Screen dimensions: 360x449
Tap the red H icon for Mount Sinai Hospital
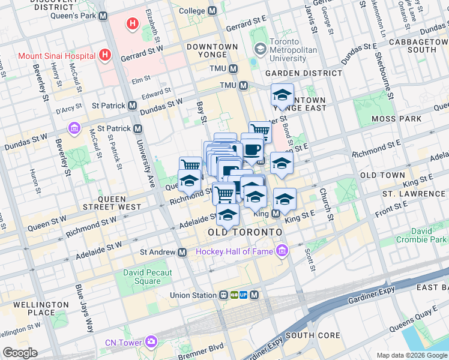[x=105, y=56]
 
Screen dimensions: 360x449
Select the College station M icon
[x=212, y=11]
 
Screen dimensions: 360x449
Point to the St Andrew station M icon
[x=181, y=253]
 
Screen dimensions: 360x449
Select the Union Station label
[x=193, y=295]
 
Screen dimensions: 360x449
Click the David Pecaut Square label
[x=147, y=277]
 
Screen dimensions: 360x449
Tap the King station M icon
[x=276, y=214]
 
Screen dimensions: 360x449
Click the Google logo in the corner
[x=20, y=352]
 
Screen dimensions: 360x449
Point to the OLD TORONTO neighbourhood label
[x=245, y=232]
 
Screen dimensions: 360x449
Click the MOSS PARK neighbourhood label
[x=396, y=119]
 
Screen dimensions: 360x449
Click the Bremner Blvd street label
[x=200, y=347]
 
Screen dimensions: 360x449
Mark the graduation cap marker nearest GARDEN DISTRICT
[x=282, y=95]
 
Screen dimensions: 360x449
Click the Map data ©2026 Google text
[x=412, y=355]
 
